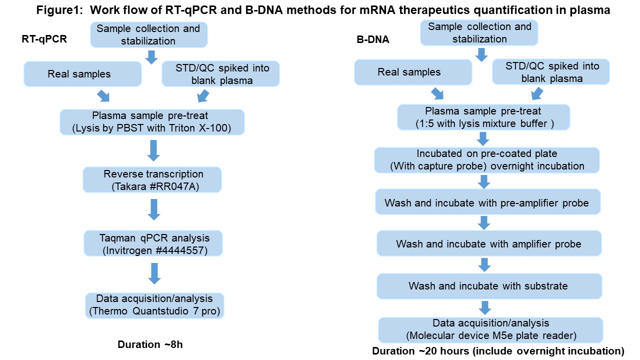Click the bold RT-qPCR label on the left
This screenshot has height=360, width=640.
44,39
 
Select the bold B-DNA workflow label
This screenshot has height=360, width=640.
373,39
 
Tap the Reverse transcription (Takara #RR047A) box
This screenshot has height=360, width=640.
152,179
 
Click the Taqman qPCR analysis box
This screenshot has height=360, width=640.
153,243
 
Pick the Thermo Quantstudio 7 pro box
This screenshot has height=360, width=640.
154,305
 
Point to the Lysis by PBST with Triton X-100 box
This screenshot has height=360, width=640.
152,122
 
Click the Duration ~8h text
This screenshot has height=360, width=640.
150,344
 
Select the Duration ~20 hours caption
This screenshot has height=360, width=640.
498,351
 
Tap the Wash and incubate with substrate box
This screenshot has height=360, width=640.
489,286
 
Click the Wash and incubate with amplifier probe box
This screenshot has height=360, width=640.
489,243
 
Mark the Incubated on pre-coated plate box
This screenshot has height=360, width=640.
487,160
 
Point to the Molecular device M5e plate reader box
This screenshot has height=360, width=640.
491,330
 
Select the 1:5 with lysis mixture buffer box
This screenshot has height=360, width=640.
483,117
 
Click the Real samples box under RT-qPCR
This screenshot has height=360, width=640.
82,74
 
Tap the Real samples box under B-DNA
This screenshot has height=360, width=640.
413,72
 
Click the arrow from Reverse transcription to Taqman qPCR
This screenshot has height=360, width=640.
154,209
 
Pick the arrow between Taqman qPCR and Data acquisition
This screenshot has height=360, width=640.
154,273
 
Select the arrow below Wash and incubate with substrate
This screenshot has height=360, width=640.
485,307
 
